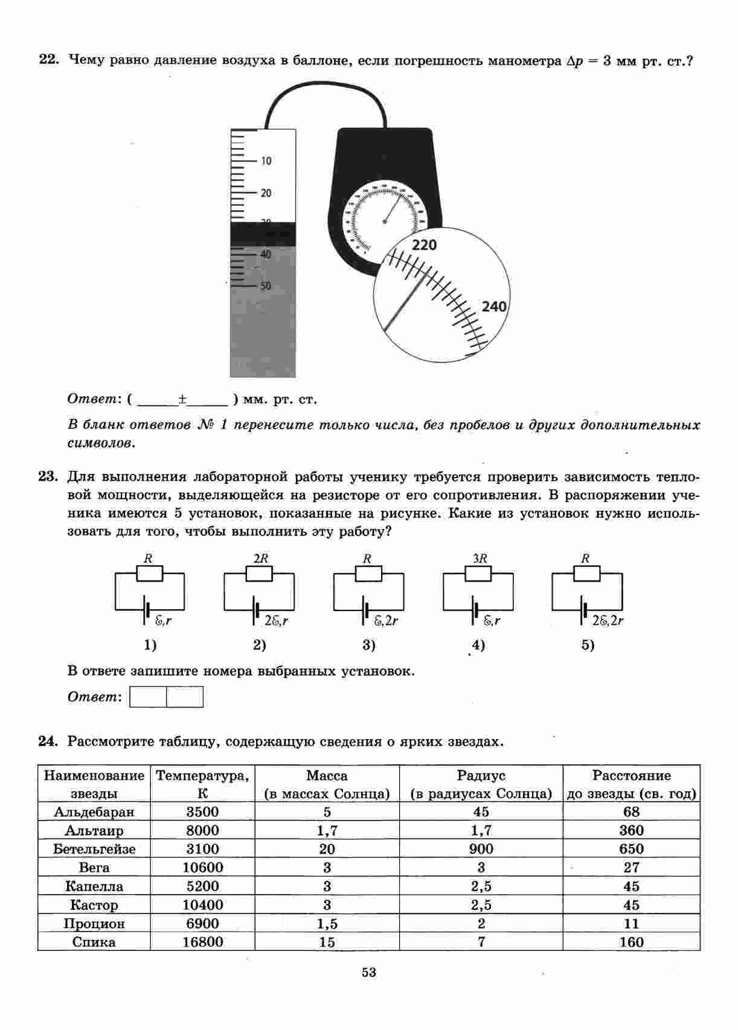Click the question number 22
(x=48, y=60)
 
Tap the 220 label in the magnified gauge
(x=424, y=245)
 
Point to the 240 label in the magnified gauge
(x=494, y=307)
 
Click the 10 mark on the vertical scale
(x=266, y=161)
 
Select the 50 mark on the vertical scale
(x=266, y=286)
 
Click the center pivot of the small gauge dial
(x=385, y=222)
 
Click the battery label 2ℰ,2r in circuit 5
(x=608, y=620)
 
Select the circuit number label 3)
(x=368, y=645)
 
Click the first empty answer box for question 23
(x=149, y=697)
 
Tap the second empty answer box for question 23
(x=185, y=697)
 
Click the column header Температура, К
(x=202, y=784)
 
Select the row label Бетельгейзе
(x=94, y=849)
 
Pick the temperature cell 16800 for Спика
(x=202, y=942)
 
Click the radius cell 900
(x=481, y=849)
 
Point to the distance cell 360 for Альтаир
(x=631, y=831)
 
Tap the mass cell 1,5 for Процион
(x=327, y=924)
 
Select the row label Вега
(x=94, y=868)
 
